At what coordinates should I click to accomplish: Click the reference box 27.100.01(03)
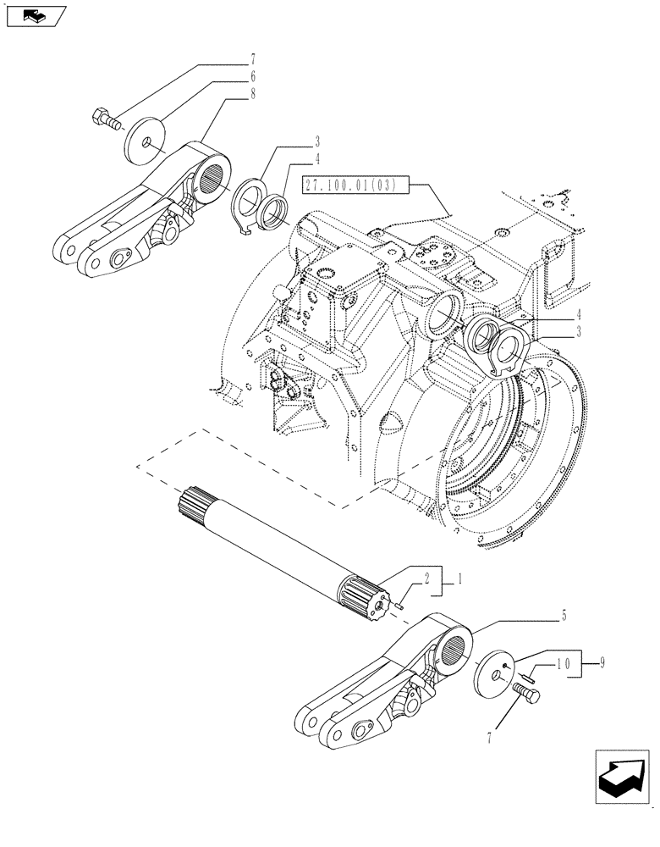pos(355,185)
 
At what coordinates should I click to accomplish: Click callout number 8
pos(253,96)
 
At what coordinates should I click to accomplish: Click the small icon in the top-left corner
pos(34,15)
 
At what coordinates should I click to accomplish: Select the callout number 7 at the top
pos(253,59)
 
